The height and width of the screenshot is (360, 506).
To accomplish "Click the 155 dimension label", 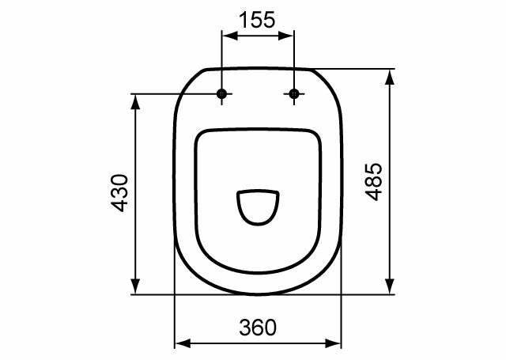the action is coord(257,19).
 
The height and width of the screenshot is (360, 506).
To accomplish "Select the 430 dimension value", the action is coord(119,193).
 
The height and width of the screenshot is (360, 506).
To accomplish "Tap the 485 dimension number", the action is coord(374,182).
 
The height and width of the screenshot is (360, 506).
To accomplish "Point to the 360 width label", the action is coord(258,328).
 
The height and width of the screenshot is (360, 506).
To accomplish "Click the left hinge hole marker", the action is coord(221,94).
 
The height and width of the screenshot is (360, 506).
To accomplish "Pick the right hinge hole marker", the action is coord(294,94).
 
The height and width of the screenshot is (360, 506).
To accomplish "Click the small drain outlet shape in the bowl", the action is coord(258,207).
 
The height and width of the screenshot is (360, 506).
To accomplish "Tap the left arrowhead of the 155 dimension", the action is coord(230,36).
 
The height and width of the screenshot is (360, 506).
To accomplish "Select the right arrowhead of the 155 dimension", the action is coord(285,36).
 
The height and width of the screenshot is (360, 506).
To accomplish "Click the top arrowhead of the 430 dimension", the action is coord(136,102).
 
